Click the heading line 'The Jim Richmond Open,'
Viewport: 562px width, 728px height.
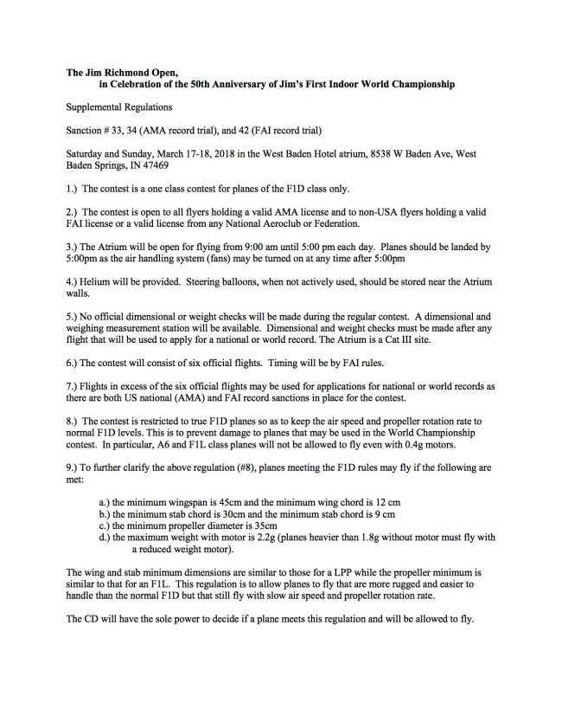122,74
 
